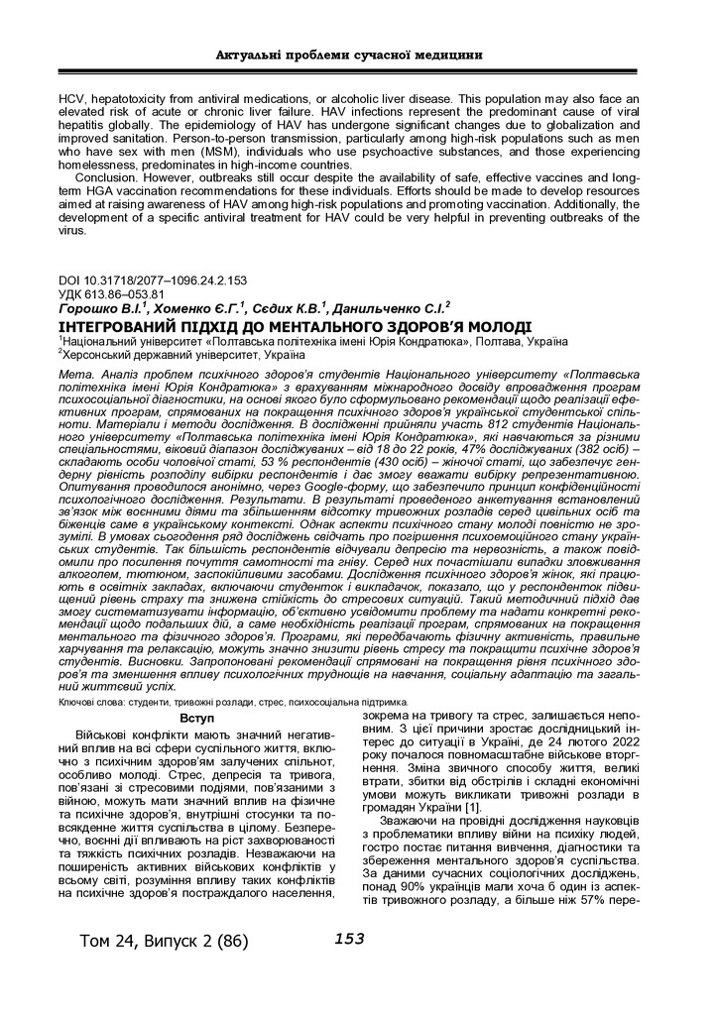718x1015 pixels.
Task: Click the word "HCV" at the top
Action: click(72, 100)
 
